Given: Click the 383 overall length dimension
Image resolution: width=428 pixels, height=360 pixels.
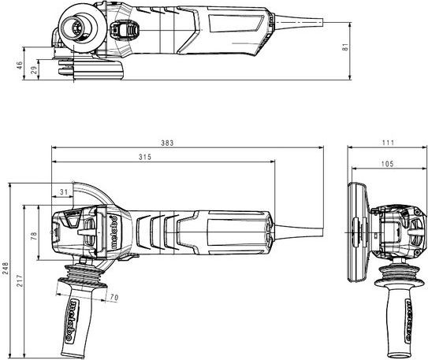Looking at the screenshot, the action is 167,143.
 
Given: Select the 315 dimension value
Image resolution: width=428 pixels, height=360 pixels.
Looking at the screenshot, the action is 145,157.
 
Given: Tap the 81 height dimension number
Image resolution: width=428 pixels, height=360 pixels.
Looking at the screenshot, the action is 345,47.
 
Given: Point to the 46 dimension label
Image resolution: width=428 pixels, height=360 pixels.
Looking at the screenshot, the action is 20,65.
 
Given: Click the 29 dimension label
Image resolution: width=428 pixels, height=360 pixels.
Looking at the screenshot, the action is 34,70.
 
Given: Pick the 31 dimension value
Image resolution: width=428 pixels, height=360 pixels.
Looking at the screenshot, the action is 64,192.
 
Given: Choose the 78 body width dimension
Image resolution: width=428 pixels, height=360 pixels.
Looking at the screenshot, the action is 34,236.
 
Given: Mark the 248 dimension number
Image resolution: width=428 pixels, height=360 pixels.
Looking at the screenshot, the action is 6,268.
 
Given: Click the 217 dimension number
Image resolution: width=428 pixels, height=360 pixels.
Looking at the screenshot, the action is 20,280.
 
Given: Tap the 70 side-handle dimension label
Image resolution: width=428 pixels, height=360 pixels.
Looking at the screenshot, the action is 114,297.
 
